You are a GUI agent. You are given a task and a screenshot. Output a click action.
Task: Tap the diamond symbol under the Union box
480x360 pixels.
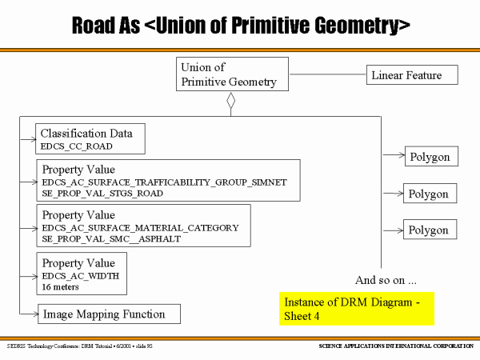tap(230, 102)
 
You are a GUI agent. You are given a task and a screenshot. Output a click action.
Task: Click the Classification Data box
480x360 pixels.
tap(90, 138)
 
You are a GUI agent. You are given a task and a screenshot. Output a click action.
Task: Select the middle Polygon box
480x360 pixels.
tap(428, 194)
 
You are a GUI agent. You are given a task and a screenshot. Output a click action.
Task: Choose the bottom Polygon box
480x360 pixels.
tap(428, 230)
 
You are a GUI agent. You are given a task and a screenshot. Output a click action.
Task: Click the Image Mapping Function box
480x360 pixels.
tap(109, 314)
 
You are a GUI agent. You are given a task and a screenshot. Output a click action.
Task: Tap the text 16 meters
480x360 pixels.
tap(61, 286)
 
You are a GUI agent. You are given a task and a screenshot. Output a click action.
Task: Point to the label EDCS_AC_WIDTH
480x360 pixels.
tap(81, 275)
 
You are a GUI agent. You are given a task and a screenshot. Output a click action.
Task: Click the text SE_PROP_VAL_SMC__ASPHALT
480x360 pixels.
tap(111, 239)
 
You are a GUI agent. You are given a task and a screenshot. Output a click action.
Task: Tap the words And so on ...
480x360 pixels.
tap(386, 280)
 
